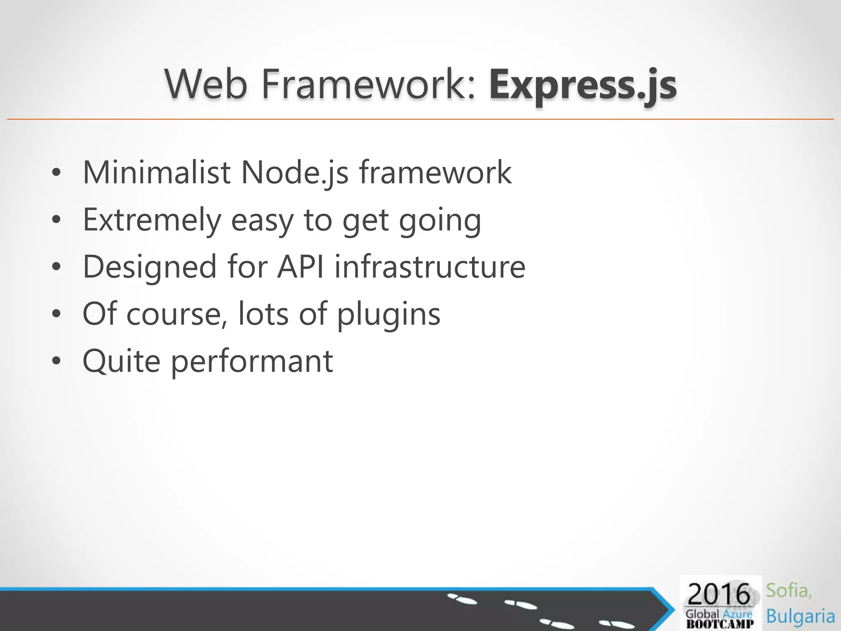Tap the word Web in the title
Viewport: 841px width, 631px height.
[x=206, y=85]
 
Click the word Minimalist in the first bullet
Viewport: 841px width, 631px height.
[x=156, y=172]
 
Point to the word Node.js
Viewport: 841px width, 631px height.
[x=294, y=173]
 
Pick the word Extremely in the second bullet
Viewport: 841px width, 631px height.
[x=152, y=220]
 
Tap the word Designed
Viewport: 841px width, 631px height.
[x=149, y=267]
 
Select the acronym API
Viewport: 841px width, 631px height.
[x=301, y=267]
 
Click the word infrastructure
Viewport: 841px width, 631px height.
[x=430, y=267]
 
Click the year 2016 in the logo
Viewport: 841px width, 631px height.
[x=719, y=594]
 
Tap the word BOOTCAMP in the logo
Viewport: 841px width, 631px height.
[x=720, y=624]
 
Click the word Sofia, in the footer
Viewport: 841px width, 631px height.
[x=788, y=591]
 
